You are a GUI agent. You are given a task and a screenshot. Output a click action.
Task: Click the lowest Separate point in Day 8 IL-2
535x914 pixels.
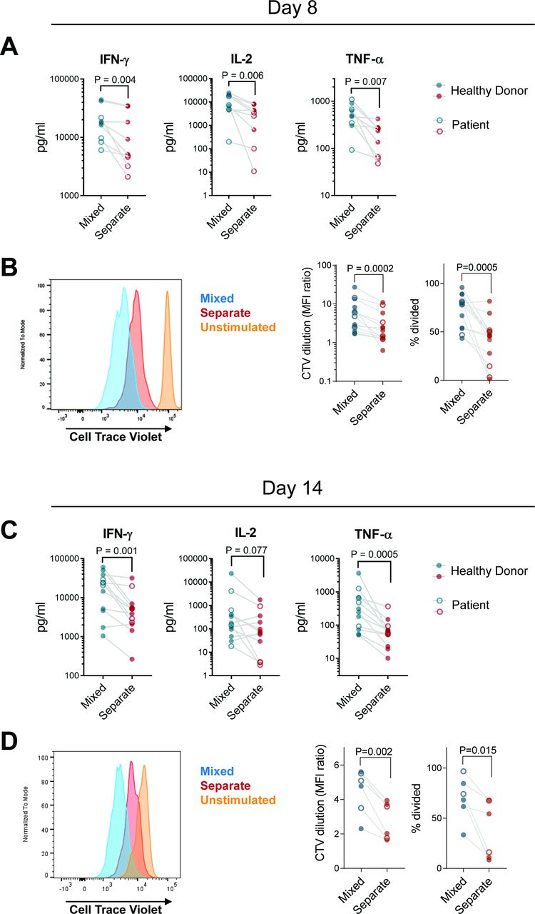tap(253, 171)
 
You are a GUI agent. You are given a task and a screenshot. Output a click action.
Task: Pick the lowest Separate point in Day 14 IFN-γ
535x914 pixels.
tap(131, 659)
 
